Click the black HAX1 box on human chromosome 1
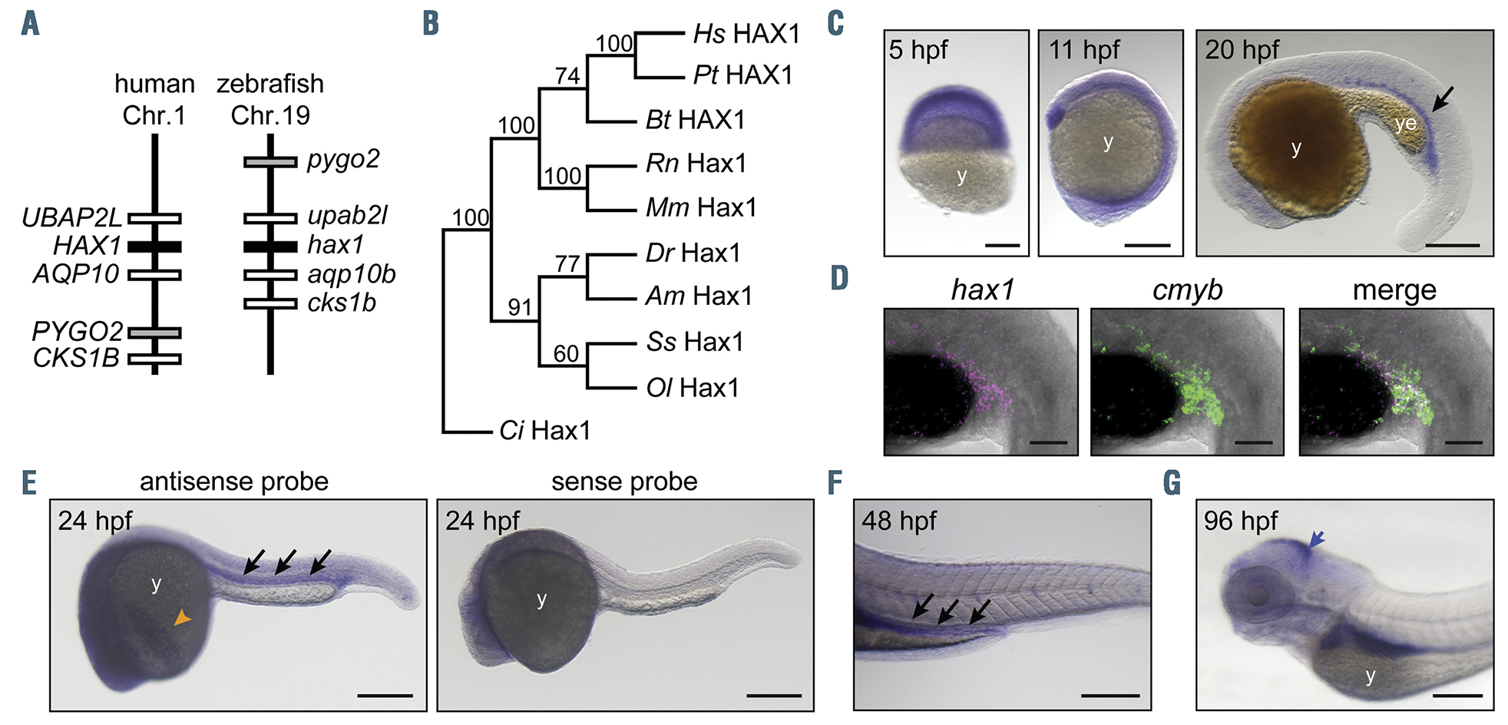[154, 247]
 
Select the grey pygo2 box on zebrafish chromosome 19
[270, 162]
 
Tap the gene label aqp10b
[351, 274]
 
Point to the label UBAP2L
[71, 218]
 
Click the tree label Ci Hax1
[544, 431]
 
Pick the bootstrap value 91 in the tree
[520, 307]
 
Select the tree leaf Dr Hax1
[693, 253]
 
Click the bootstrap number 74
[567, 75]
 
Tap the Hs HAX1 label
[746, 34]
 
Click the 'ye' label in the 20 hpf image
[1406, 124]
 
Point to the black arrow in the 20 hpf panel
[1442, 98]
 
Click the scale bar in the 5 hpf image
[1002, 245]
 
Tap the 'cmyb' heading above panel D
[1187, 290]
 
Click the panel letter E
[29, 483]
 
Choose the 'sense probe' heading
[624, 482]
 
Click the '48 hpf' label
[898, 521]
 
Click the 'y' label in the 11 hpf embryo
[1107, 142]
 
